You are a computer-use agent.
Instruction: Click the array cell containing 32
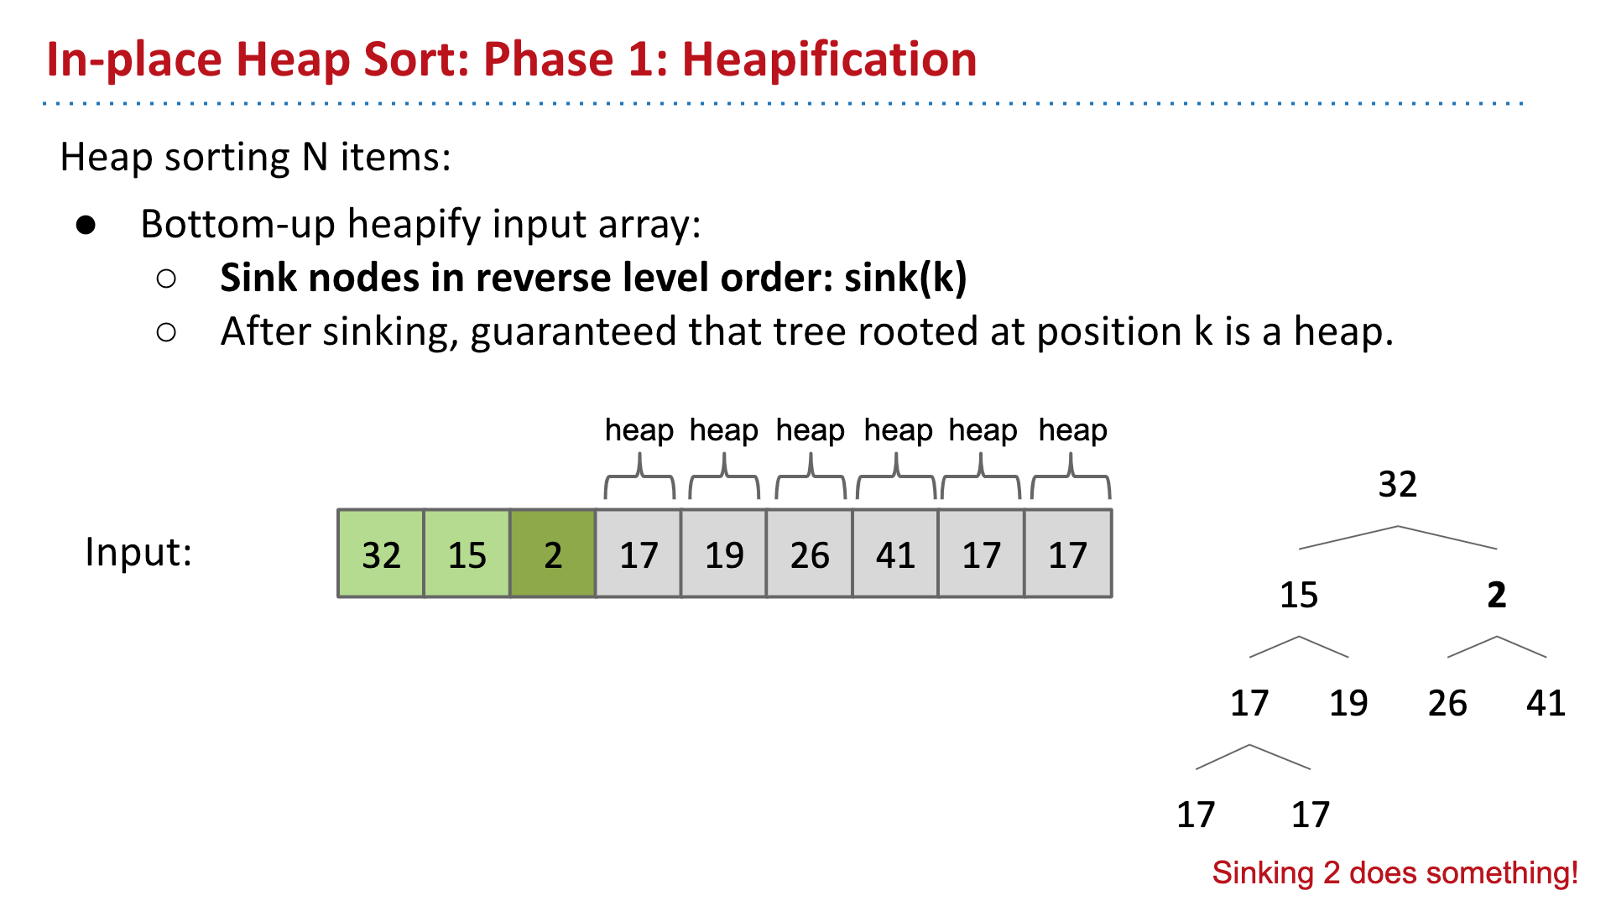(381, 555)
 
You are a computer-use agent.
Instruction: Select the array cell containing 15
(467, 555)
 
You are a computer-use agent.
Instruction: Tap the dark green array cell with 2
(553, 555)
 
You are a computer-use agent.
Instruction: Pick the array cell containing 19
(724, 555)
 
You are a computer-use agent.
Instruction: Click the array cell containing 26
(810, 555)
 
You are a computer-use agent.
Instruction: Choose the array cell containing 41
(895, 555)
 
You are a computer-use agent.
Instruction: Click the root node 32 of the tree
(1397, 484)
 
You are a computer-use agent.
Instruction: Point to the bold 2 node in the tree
(1496, 595)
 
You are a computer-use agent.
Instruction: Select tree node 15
(1299, 595)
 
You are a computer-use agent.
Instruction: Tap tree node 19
(1348, 703)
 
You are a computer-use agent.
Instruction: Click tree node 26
(1447, 703)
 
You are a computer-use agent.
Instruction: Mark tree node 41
(1546, 703)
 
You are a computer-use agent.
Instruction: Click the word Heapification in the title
(829, 60)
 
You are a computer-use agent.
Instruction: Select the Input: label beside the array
(138, 552)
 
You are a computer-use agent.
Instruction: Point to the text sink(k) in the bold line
(905, 278)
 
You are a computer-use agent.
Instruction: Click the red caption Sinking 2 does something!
(1395, 872)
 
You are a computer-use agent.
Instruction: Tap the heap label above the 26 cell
(810, 430)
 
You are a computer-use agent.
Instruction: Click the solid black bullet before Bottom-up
(86, 225)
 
